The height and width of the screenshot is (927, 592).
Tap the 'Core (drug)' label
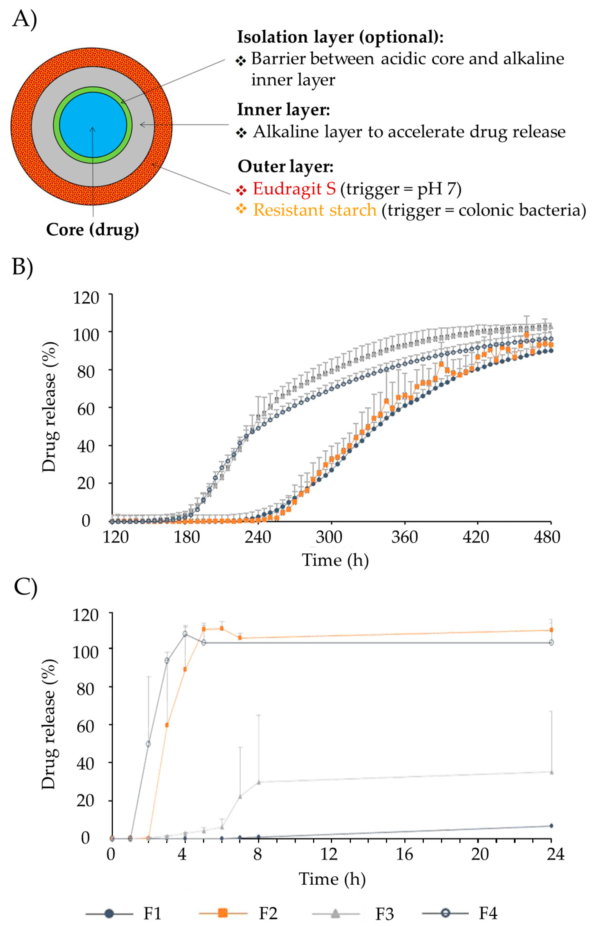pos(92,230)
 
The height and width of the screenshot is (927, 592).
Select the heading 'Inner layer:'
pos(283,110)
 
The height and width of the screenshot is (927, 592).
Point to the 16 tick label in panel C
pos(405,854)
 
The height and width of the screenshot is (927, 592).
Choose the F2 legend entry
pos(268,913)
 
